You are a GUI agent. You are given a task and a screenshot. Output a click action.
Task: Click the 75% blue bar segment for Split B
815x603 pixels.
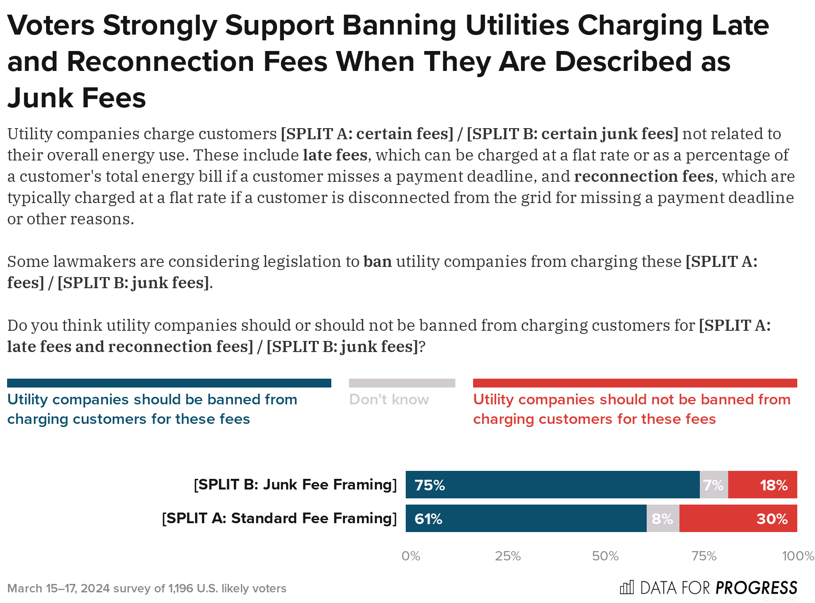point(552,485)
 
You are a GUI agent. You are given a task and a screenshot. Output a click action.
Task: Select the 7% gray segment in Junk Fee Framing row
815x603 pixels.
point(714,485)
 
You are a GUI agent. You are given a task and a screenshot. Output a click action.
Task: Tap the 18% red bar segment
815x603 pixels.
point(762,485)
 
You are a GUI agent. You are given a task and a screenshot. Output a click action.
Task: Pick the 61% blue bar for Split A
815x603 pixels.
point(526,518)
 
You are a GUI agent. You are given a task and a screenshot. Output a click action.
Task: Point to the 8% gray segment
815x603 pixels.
point(663,518)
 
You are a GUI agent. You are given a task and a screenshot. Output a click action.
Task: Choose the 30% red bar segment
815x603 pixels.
point(738,518)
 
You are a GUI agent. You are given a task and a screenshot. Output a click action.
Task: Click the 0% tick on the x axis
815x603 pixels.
point(411,556)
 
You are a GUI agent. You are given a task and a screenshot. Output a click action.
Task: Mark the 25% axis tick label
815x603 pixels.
point(508,556)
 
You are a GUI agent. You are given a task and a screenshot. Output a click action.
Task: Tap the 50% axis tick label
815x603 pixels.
point(605,556)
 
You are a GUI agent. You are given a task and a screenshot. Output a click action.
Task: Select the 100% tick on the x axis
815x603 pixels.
point(798,556)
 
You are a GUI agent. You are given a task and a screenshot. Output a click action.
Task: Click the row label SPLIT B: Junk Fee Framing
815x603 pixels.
point(295,485)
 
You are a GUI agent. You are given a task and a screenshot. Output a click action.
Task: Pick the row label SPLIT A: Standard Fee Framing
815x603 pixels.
point(279,518)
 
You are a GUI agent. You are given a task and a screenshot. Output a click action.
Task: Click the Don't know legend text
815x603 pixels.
point(389,399)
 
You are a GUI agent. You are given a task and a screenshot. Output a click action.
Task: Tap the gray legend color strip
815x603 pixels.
point(402,383)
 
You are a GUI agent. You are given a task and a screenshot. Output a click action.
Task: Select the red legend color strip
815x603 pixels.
point(635,383)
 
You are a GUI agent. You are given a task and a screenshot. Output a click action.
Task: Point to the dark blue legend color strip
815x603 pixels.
point(169,383)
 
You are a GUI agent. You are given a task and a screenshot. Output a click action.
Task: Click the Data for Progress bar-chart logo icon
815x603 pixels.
point(627,587)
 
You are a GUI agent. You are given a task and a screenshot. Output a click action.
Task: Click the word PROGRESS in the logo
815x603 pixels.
point(757,588)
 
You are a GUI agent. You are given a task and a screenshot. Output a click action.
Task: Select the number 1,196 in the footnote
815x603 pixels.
point(180,588)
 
